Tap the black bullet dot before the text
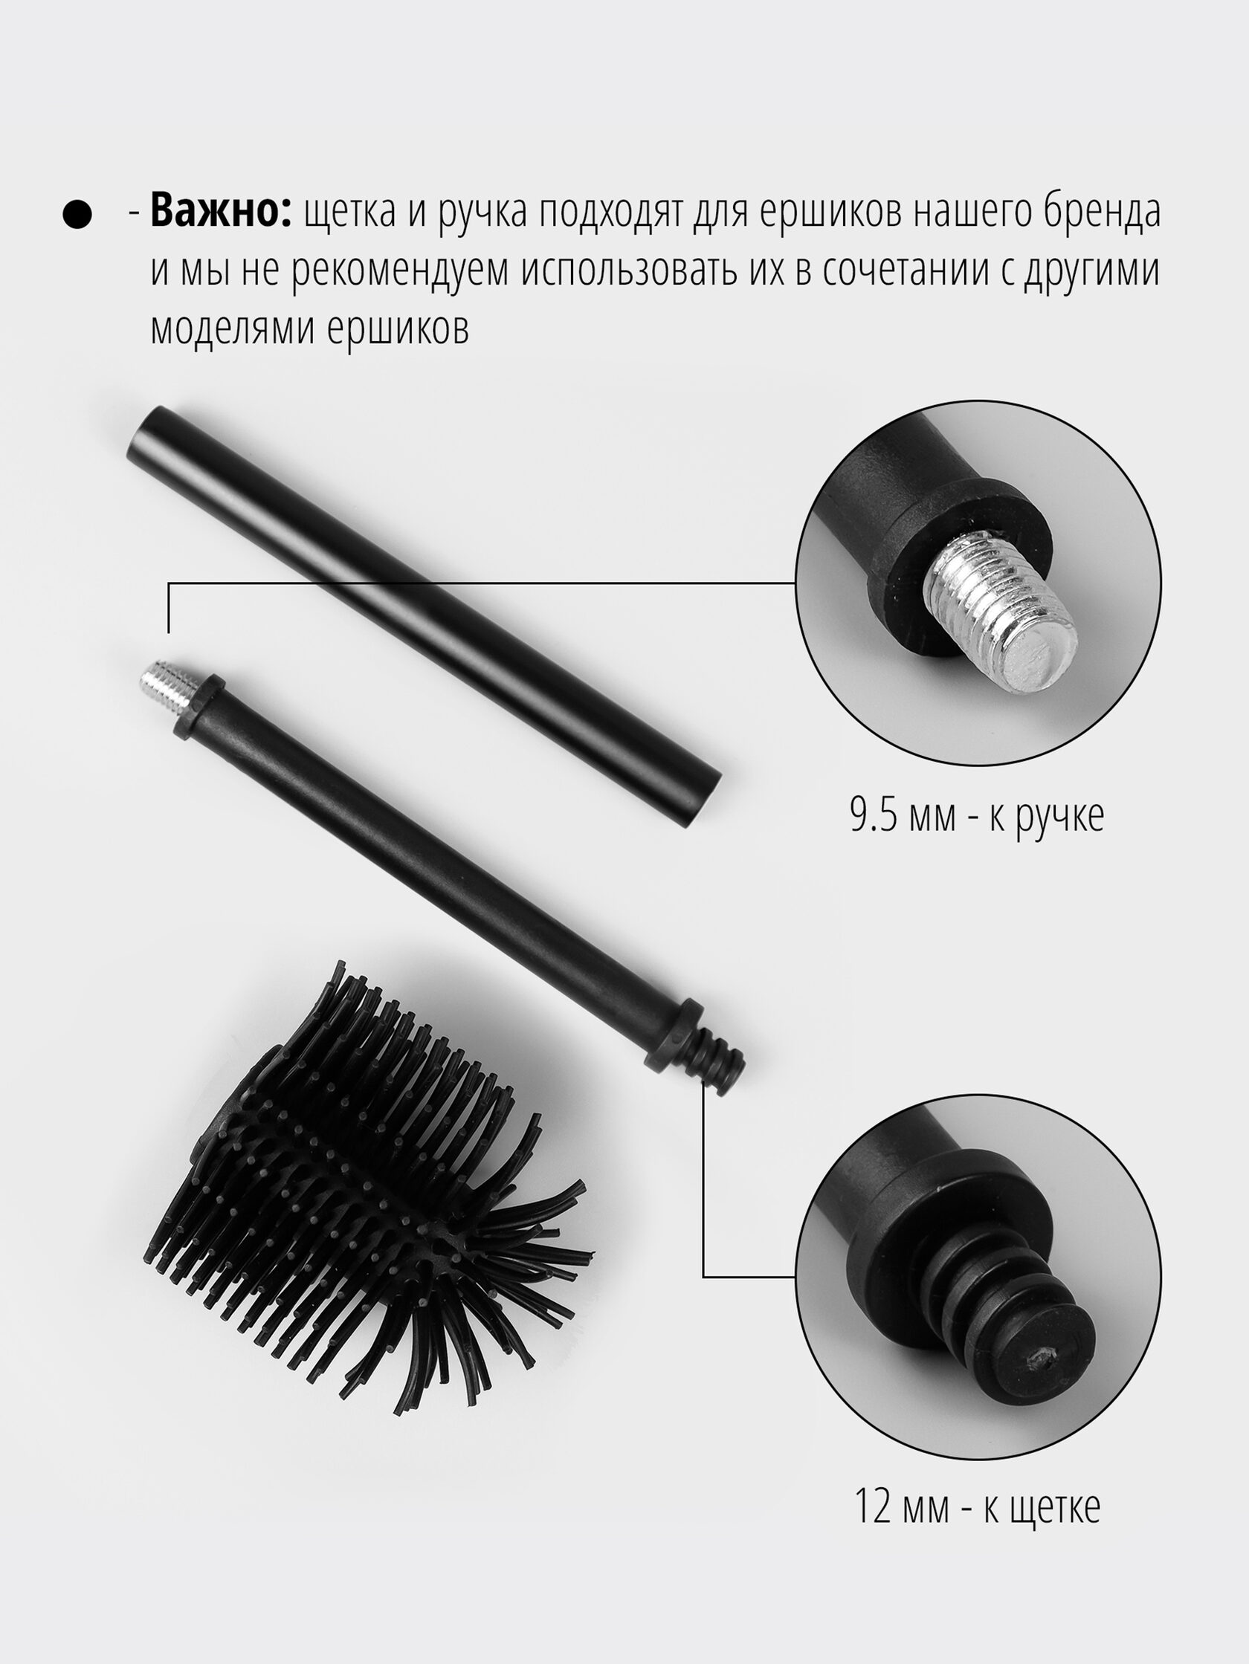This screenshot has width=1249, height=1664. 77,214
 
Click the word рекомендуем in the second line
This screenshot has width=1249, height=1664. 398,272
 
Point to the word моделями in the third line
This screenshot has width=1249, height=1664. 230,328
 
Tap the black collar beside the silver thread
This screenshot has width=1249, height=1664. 200,706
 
